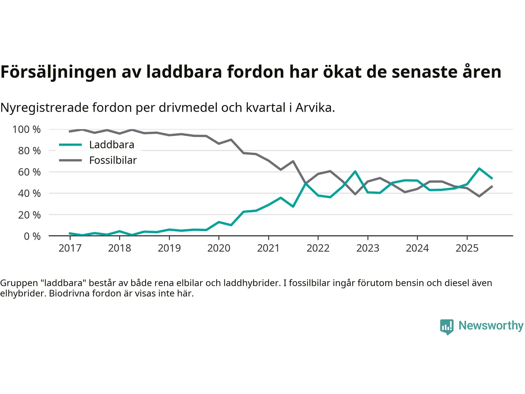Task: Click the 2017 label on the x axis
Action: tap(70, 248)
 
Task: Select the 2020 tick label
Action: tap(219, 248)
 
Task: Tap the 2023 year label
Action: tap(367, 248)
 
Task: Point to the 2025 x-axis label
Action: tap(467, 248)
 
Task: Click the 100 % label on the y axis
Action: tap(27, 130)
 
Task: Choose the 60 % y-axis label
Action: tap(29, 172)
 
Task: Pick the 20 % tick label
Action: tap(29, 215)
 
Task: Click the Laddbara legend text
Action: tap(112, 144)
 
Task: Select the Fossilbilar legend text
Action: tap(113, 160)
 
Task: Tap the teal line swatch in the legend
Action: tap(70, 144)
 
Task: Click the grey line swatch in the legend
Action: tap(70, 160)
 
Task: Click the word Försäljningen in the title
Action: tap(58, 72)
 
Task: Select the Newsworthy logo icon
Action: tap(447, 327)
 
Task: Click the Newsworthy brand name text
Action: tap(491, 325)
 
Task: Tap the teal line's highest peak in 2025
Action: tap(479, 168)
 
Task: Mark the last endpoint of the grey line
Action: tap(492, 186)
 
